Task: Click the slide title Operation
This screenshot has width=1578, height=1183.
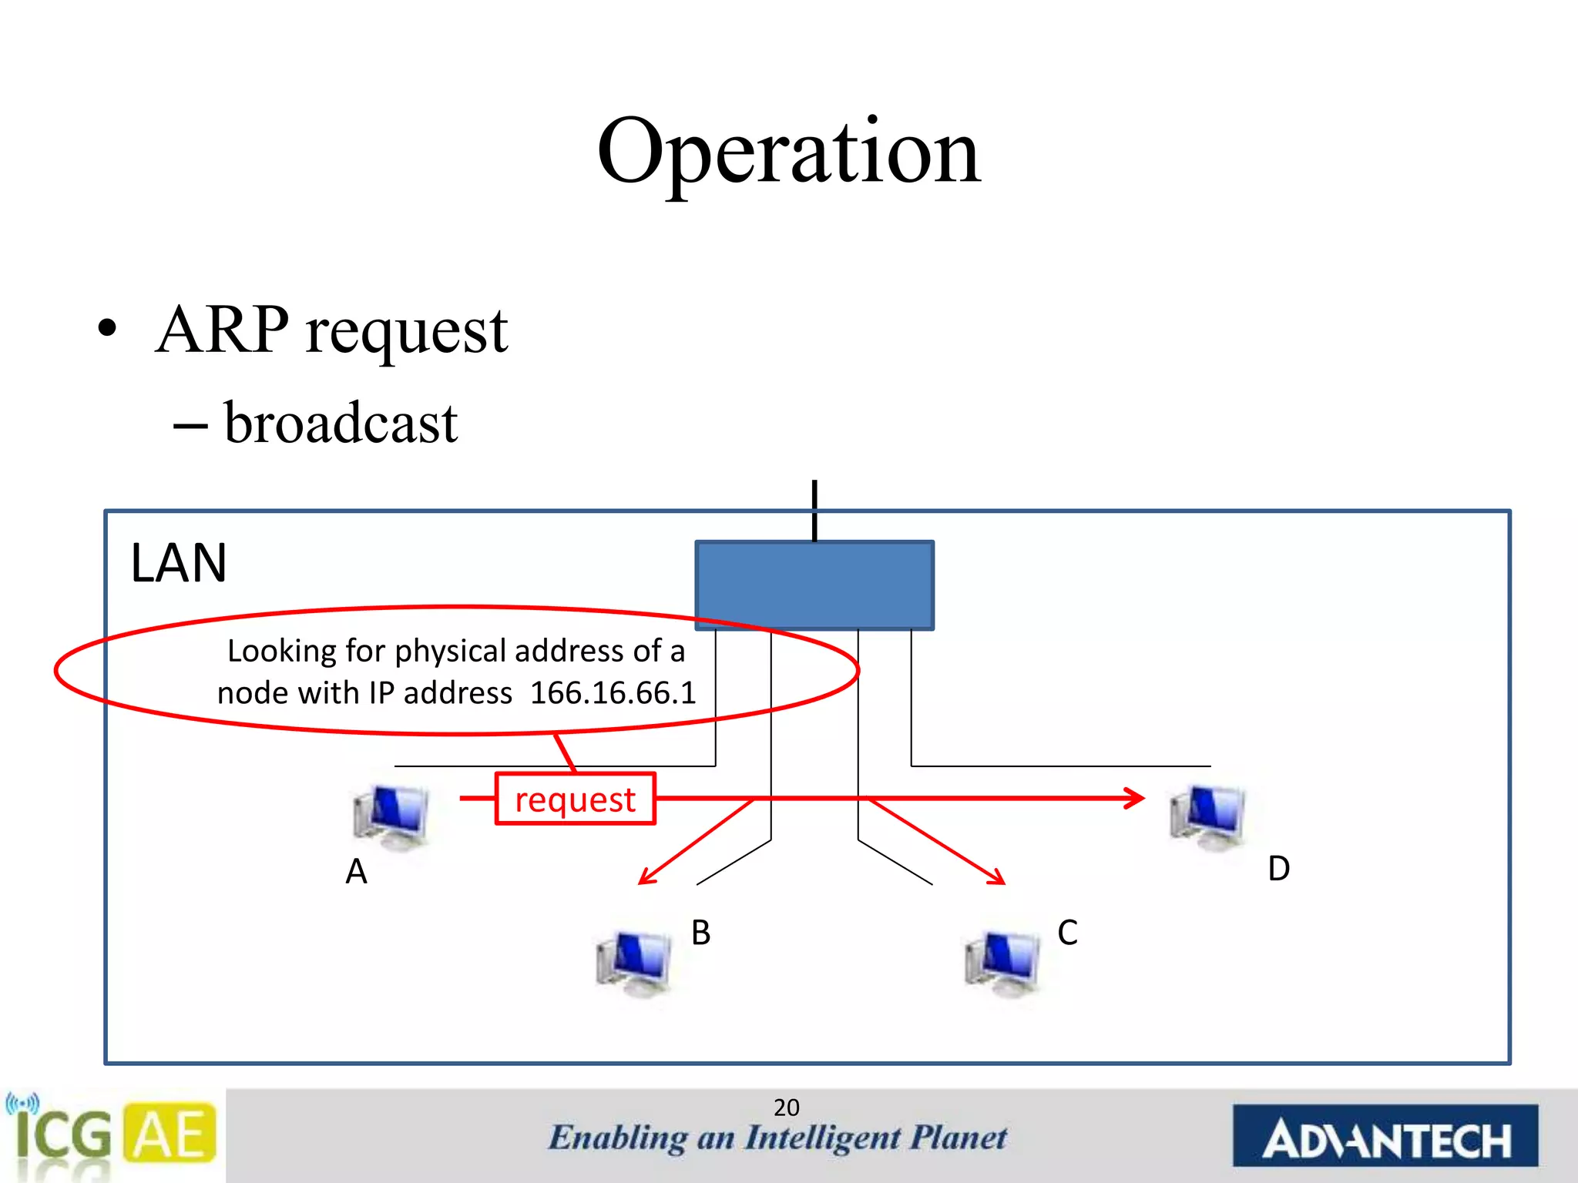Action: point(788,152)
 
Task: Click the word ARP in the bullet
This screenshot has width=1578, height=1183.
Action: point(223,330)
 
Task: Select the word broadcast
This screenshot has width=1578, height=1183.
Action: point(341,424)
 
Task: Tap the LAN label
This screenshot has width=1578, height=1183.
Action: point(179,563)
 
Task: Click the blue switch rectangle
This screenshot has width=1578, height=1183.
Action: point(814,585)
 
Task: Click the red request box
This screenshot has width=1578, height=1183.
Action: point(575,799)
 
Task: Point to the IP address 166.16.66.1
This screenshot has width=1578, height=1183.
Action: point(613,693)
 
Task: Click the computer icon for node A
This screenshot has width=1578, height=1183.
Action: point(391,818)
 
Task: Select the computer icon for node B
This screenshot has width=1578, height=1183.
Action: point(633,963)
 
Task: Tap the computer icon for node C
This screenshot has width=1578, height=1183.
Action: point(1002,963)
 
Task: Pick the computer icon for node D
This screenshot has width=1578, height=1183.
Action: point(1207,818)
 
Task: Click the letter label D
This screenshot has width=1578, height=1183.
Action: point(1278,869)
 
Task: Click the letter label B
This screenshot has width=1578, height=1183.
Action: point(700,933)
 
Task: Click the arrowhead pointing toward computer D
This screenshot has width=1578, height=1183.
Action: point(1136,798)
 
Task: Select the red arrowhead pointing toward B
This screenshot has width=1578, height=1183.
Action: point(646,878)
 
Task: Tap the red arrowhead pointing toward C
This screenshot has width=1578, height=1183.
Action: point(997,877)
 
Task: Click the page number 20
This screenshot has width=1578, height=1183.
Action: point(786,1108)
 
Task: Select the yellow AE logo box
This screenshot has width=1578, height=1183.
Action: point(170,1133)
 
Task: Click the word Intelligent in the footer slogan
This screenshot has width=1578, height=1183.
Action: point(823,1138)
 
